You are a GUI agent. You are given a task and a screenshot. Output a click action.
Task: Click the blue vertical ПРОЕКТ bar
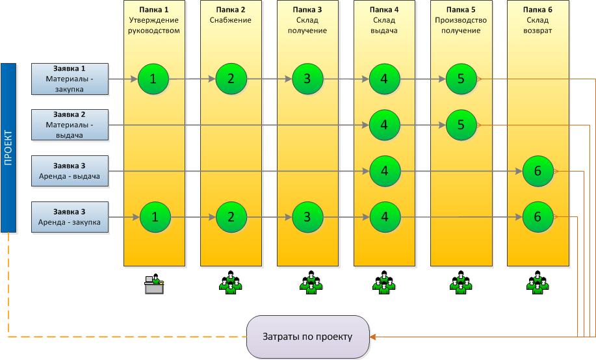click(x=8, y=148)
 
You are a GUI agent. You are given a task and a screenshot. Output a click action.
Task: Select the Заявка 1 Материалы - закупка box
click(x=70, y=79)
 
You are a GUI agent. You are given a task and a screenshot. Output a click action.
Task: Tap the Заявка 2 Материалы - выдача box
click(x=70, y=124)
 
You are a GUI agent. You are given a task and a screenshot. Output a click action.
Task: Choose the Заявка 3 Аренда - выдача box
click(x=70, y=170)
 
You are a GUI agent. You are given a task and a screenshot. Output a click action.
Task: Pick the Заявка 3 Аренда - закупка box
click(x=70, y=216)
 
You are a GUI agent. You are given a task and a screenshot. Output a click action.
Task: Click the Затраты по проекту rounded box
click(x=307, y=337)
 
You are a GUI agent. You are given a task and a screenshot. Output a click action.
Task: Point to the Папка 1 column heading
click(x=154, y=10)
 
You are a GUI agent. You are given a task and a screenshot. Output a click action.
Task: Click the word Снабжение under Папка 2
click(x=231, y=20)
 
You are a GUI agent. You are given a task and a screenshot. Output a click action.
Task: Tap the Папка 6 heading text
click(x=538, y=10)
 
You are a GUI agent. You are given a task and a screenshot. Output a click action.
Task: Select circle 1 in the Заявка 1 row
click(x=153, y=79)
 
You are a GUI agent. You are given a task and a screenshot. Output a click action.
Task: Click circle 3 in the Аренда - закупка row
click(x=307, y=217)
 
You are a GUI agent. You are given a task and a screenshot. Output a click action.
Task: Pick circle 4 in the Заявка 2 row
click(x=384, y=125)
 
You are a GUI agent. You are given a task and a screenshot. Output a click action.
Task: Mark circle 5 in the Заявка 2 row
click(x=461, y=125)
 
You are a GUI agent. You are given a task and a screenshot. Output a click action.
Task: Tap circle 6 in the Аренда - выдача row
click(x=538, y=171)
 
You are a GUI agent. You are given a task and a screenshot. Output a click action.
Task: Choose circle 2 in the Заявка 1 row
click(x=231, y=79)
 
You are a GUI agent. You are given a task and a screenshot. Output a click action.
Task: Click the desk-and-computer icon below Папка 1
click(x=154, y=284)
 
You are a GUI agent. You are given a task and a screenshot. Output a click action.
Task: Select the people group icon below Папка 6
click(x=538, y=281)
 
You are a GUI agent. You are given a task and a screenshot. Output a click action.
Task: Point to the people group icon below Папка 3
click(x=307, y=281)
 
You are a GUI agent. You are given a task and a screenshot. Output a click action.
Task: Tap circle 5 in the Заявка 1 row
click(x=461, y=79)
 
